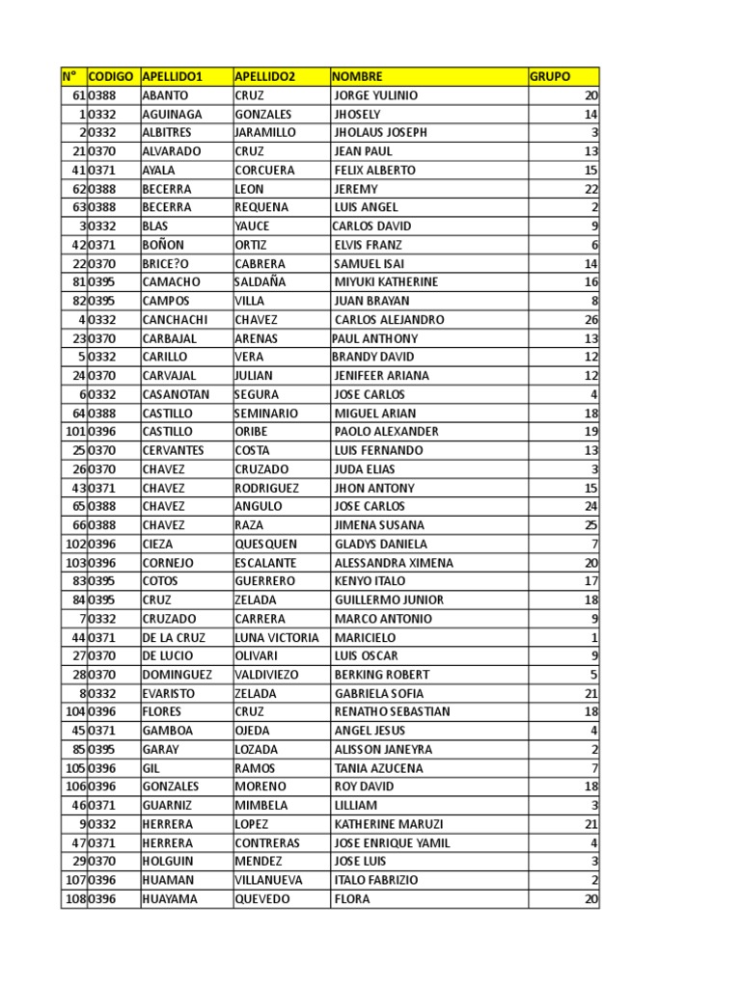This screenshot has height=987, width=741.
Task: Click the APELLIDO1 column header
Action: [172, 76]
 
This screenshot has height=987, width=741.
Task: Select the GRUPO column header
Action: [550, 76]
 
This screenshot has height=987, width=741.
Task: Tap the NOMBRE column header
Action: [358, 76]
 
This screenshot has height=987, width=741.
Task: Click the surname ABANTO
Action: [165, 95]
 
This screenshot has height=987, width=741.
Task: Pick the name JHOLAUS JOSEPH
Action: [380, 132]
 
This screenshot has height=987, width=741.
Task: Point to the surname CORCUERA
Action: [264, 170]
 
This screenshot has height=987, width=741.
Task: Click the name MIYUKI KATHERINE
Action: [386, 282]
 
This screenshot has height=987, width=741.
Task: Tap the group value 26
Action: [591, 319]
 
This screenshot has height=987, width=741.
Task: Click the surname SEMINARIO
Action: [266, 413]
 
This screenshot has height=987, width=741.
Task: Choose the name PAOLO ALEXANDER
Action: [386, 432]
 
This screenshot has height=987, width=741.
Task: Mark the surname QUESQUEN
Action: [266, 544]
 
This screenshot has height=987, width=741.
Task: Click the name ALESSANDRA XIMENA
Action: [393, 563]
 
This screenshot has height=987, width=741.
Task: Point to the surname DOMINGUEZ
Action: [177, 675]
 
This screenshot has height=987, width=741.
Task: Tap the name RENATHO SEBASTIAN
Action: [392, 711]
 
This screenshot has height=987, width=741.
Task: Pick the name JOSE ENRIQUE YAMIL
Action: [392, 842]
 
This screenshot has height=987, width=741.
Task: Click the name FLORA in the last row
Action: [352, 899]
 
